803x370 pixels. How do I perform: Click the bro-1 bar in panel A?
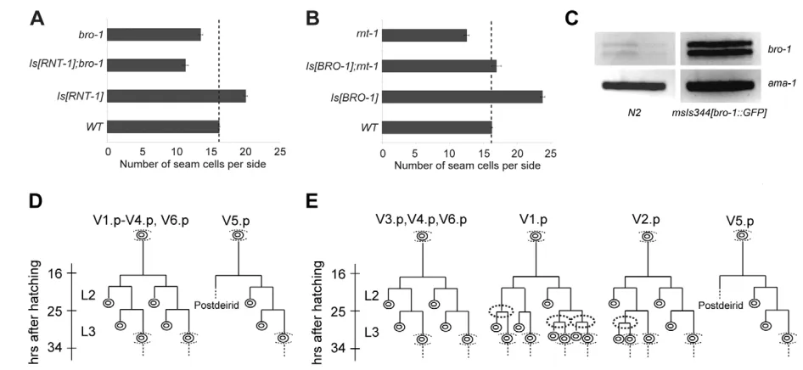pos(154,35)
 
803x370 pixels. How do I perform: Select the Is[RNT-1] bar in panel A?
pos(177,96)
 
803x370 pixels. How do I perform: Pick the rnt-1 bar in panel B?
pos(424,35)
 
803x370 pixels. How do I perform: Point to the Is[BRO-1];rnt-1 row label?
pos(343,65)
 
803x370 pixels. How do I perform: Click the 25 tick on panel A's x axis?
pos(279,152)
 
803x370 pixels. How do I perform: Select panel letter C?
pos(573,19)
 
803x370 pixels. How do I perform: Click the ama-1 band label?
pos(780,83)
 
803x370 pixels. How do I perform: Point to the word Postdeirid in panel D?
pos(214,306)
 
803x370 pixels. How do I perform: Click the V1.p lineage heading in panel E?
pos(535,220)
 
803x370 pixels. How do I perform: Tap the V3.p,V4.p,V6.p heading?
pos(422,220)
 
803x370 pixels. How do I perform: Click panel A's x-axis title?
pos(193,165)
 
